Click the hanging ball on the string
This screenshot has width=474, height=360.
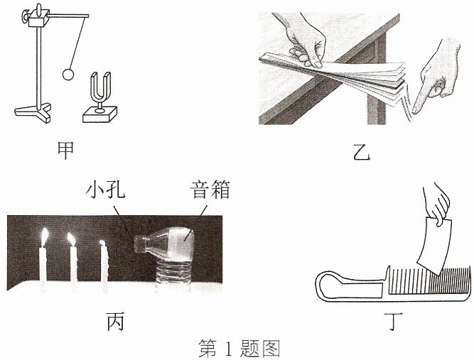pos(68,75)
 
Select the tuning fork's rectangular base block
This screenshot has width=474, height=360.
pos(100,114)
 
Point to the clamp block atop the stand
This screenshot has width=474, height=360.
pos(38,18)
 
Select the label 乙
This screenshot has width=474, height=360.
pos(362,153)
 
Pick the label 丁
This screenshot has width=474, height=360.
pos(394,322)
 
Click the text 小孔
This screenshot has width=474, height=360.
pos(105,190)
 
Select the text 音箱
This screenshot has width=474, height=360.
pos(210,190)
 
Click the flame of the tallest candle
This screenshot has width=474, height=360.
pos(44,236)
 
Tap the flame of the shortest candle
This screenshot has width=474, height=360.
pos(102,244)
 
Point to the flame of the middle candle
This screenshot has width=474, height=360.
pos(71,239)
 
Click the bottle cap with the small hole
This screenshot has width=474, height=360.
pos(139,244)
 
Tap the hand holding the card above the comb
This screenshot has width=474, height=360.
pos(436,204)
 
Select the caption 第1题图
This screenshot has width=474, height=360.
pos(239,349)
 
